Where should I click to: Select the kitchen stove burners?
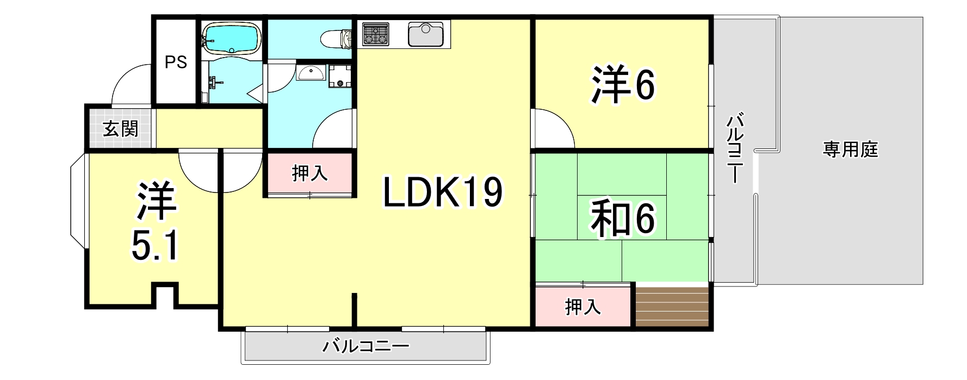(375, 34)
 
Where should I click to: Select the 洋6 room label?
(623, 86)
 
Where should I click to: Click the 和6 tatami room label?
(623, 219)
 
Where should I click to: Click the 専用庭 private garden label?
(850, 149)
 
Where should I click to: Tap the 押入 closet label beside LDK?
(309, 173)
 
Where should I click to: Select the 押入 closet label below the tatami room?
(582, 307)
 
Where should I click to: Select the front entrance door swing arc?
(131, 84)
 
